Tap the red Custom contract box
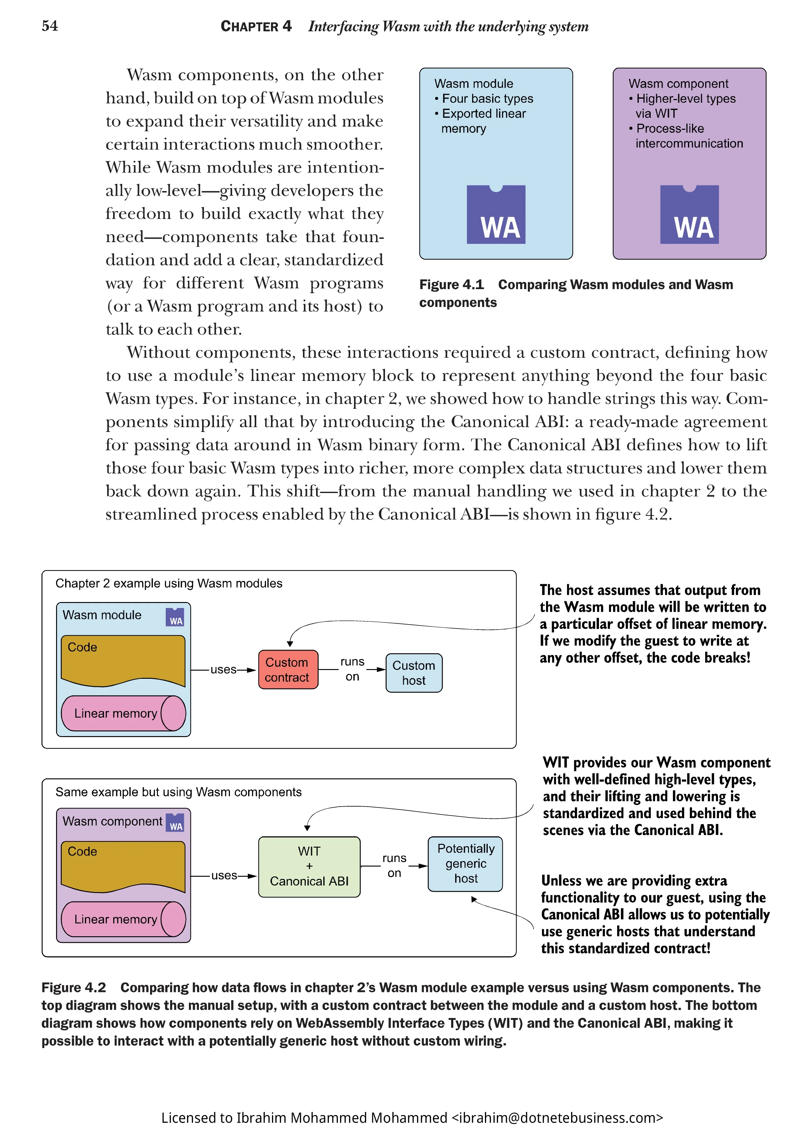click(x=288, y=669)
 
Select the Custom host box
click(x=414, y=673)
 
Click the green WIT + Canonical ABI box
click(x=309, y=866)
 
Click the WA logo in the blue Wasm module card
click(x=496, y=215)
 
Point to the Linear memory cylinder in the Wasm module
click(x=123, y=714)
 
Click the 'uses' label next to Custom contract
click(x=223, y=669)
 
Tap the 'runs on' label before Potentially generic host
click(x=394, y=865)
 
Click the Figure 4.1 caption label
click(x=451, y=285)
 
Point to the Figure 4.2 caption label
click(x=74, y=988)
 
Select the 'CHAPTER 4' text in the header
click(x=256, y=26)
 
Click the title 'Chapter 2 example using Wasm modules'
click(x=169, y=584)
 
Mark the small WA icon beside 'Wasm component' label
click(x=175, y=823)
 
